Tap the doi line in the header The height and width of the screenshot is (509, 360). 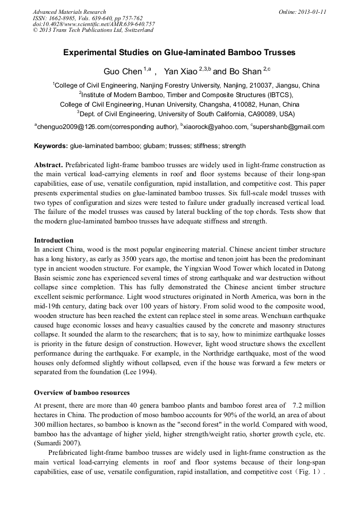[94, 24]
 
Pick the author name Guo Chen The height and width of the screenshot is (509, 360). [122, 71]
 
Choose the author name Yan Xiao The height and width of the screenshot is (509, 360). [181, 71]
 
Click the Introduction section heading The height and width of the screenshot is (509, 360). [54, 240]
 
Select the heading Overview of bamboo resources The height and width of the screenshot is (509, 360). [82, 393]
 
